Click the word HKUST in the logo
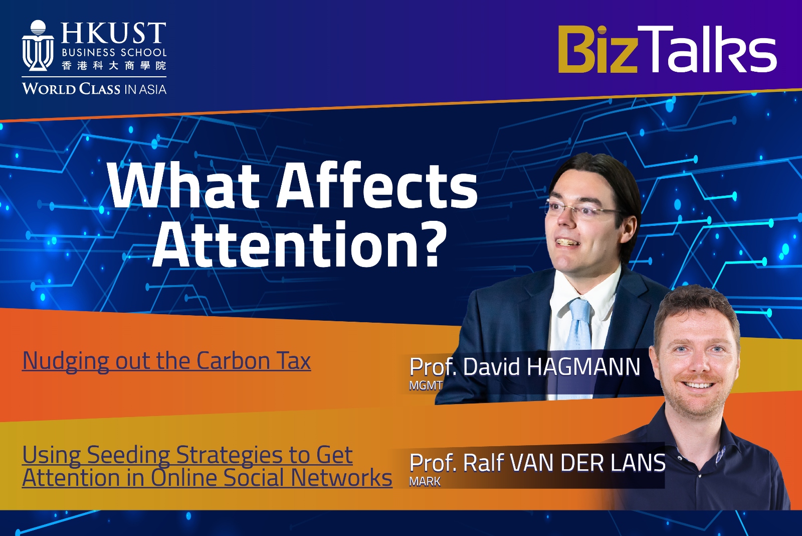coord(113,33)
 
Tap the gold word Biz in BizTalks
coord(598,49)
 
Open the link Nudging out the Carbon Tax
coord(166,361)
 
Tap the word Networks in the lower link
coord(341,478)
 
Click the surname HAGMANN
coord(583,367)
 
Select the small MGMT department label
coord(426,385)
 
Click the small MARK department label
coord(425,481)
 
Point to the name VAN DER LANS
coord(587,463)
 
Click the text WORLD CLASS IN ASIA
coord(94,89)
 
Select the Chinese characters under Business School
coord(114,66)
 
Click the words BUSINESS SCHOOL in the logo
coord(114,52)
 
